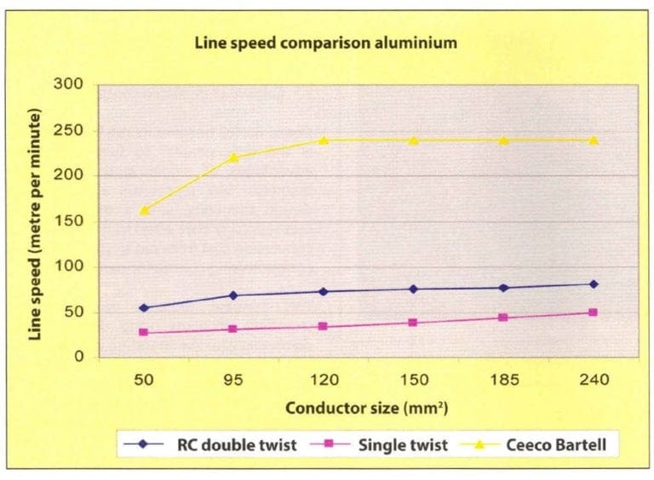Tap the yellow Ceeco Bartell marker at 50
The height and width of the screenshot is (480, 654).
[144, 209]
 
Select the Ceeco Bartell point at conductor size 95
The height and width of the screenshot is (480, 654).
[233, 157]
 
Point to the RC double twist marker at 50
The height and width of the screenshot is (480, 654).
[144, 308]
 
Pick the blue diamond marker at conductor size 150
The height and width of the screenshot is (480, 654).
[414, 289]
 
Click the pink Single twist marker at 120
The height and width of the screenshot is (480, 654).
[324, 327]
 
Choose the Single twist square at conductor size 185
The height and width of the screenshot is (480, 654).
[503, 317]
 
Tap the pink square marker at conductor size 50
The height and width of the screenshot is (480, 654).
[144, 333]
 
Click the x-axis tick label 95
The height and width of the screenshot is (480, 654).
[233, 380]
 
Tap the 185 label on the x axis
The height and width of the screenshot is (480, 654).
[503, 380]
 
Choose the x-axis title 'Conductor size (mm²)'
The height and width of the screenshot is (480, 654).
[367, 407]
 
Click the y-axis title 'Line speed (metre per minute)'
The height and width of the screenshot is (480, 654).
[36, 220]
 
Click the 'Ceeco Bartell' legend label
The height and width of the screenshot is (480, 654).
[563, 443]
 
